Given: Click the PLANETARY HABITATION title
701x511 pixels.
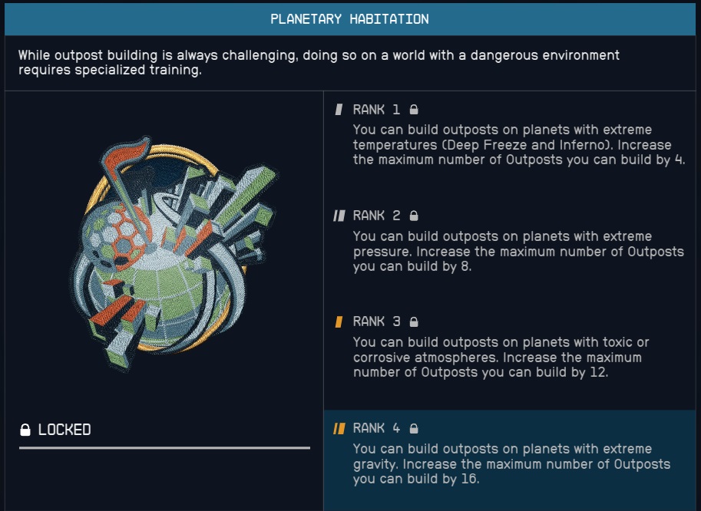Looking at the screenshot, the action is [x=349, y=19].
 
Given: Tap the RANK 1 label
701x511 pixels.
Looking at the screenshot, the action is [x=376, y=110].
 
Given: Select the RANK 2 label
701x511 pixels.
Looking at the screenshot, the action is [x=376, y=216].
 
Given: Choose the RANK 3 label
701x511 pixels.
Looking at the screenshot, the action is [x=376, y=321].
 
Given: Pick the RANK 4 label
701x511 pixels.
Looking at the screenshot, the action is [x=376, y=428].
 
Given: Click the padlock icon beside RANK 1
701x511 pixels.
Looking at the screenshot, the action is [x=414, y=110].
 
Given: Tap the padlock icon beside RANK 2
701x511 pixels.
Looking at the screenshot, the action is [x=414, y=216].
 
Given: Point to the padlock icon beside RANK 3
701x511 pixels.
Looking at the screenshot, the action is [x=414, y=321].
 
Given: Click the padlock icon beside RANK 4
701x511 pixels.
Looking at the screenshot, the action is [x=414, y=428].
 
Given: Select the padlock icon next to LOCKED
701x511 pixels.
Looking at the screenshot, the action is [x=25, y=430].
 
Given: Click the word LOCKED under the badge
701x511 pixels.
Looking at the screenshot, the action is [x=64, y=430].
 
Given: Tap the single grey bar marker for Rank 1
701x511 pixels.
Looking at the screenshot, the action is [x=339, y=110].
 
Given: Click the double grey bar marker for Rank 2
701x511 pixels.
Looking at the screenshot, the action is [x=339, y=216].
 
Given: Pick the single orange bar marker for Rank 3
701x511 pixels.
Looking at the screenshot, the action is [x=339, y=321].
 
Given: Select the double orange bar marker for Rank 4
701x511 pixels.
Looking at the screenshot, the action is [x=339, y=429].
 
